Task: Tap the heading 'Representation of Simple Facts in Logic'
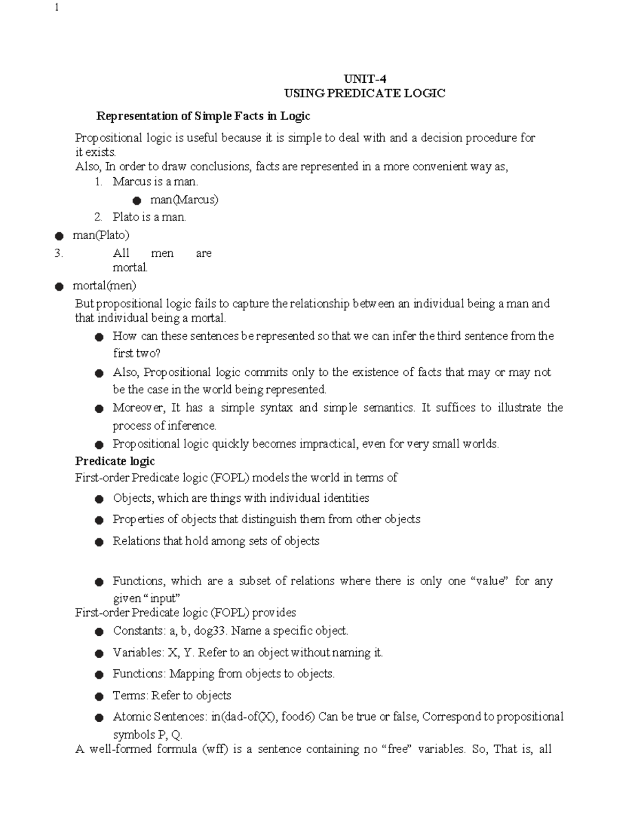coord(202,116)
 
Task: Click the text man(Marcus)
coord(184,200)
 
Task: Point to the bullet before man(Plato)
coord(59,236)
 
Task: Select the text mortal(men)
coord(104,285)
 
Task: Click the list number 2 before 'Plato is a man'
coord(97,217)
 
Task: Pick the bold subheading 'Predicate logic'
coord(115,461)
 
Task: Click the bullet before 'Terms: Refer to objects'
coord(98,697)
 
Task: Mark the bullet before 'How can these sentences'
coord(98,337)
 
